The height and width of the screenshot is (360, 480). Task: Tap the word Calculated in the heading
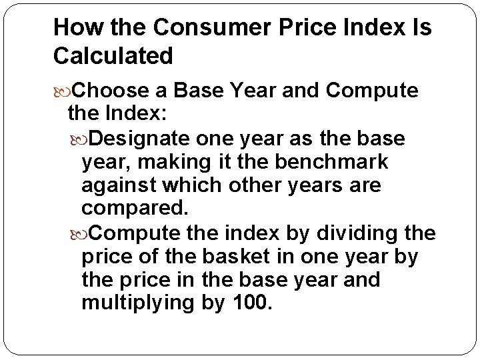pyautogui.click(x=113, y=56)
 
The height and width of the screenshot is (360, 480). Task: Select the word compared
pyautogui.click(x=135, y=208)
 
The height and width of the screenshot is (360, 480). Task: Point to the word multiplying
pyautogui.click(x=137, y=303)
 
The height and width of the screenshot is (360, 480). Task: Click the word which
pyautogui.click(x=201, y=185)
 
